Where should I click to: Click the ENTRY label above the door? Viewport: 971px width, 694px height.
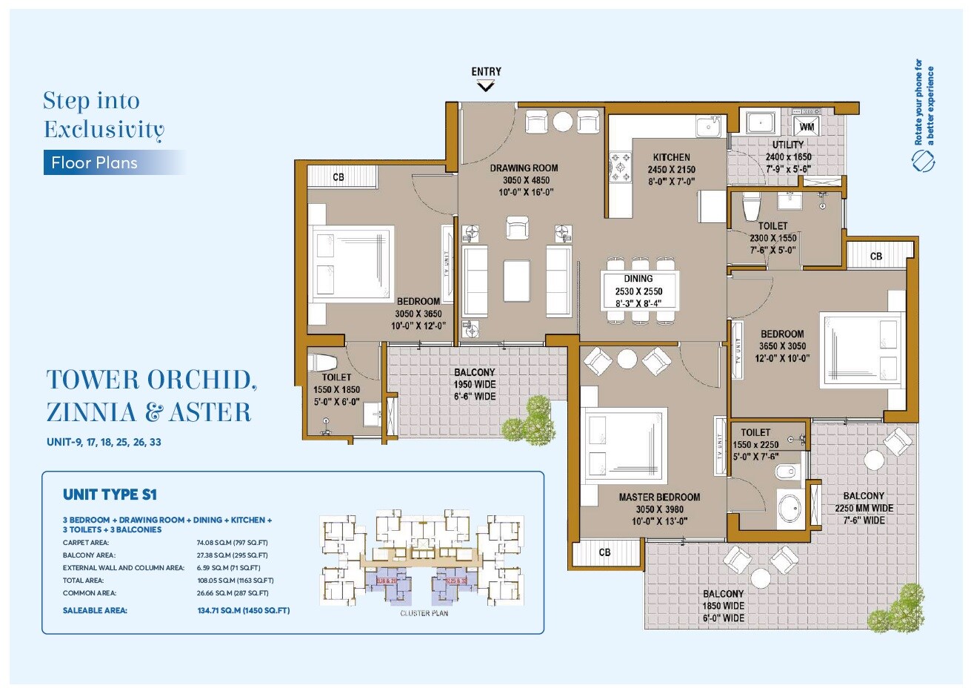point(486,72)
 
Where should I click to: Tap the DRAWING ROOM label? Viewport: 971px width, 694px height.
point(524,168)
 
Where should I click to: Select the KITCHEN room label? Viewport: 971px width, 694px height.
point(671,157)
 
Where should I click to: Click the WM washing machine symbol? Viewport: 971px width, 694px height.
point(807,127)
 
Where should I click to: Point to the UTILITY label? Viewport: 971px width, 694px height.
point(788,145)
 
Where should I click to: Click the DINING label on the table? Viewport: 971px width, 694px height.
point(638,279)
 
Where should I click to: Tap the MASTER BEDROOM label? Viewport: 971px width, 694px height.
point(659,497)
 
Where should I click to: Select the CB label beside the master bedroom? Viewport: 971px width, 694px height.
point(604,552)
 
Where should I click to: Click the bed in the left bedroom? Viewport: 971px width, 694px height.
point(353,262)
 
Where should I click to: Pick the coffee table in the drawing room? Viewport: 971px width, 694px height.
point(516,280)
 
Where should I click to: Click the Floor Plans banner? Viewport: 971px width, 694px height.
point(95,162)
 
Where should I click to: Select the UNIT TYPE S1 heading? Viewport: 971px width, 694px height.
point(110,495)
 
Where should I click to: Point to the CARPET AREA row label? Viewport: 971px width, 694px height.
point(86,543)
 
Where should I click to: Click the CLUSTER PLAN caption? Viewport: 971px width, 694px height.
point(424,613)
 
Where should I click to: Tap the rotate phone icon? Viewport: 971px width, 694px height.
point(923,160)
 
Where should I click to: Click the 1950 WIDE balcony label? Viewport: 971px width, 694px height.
point(474,384)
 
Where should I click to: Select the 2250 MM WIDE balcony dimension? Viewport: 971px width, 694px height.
point(864,508)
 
